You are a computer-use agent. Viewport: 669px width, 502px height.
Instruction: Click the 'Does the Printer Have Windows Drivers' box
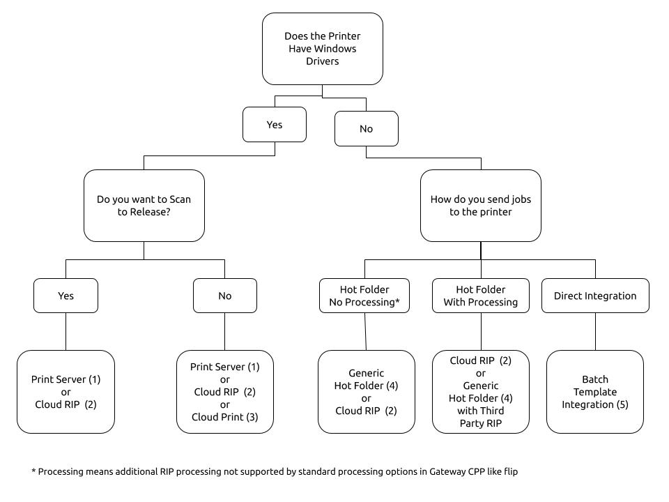(x=322, y=49)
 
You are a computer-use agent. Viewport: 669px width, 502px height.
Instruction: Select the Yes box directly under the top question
(x=275, y=125)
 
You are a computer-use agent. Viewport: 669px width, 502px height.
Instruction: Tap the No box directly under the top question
(x=366, y=129)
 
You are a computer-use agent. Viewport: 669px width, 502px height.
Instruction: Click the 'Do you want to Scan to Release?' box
(x=144, y=206)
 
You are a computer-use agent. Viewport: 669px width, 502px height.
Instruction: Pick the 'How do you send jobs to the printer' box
(x=480, y=206)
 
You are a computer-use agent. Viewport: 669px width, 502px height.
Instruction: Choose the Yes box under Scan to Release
(x=66, y=296)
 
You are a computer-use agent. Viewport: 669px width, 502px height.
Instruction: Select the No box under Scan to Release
(x=225, y=296)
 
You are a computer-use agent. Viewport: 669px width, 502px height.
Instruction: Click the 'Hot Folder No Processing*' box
(x=364, y=296)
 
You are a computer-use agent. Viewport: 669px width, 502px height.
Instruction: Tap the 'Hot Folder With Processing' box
(x=480, y=296)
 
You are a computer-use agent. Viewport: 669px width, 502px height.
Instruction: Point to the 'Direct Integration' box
(x=595, y=296)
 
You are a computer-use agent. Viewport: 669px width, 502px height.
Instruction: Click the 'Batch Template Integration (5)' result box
(x=594, y=392)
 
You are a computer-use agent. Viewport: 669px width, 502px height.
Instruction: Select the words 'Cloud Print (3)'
(x=225, y=417)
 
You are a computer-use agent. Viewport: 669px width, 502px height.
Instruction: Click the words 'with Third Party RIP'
(x=480, y=417)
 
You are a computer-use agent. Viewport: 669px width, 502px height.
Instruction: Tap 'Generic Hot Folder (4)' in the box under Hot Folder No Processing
(x=366, y=379)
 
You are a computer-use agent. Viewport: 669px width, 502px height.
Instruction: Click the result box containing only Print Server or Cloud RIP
(x=66, y=392)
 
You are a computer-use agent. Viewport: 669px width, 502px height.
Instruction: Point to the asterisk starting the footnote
(x=33, y=471)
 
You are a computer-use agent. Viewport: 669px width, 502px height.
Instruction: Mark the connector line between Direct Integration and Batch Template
(x=595, y=332)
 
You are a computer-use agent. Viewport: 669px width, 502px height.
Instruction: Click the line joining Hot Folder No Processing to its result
(x=365, y=332)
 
